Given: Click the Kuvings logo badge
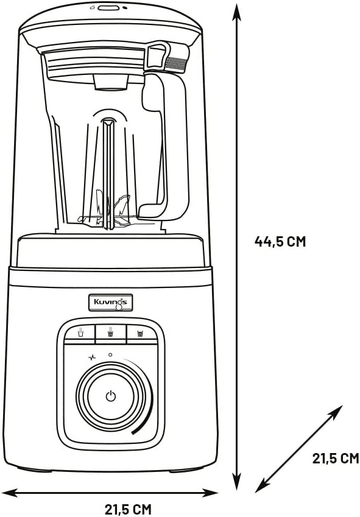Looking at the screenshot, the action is [111, 303].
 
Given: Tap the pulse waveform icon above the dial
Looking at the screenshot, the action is [92, 357].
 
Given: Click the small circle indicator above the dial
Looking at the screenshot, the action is [110, 355].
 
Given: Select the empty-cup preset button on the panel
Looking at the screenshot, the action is [80, 333].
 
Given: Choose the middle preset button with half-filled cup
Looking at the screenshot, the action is [111, 333].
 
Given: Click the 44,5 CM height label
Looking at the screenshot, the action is [280, 241].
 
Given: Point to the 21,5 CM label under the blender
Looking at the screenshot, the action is [129, 509].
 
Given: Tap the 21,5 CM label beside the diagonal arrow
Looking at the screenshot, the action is [335, 458].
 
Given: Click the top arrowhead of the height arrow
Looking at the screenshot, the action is [236, 13].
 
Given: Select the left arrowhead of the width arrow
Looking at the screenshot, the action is [10, 493].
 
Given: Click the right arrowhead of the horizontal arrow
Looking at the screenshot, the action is [210, 493].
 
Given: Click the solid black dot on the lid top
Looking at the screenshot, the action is [125, 8].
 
